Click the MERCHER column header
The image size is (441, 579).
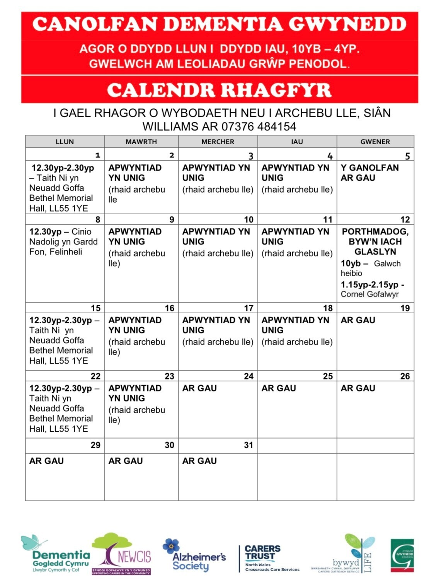coord(218,142)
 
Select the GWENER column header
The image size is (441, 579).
coord(375,142)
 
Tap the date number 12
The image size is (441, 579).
coord(405,220)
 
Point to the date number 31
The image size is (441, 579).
coord(249,445)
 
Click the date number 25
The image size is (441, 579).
coord(328,376)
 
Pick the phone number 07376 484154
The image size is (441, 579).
coord(259,126)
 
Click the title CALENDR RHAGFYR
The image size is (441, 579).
coord(219,90)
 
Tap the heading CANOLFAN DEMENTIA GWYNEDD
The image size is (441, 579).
coord(219,24)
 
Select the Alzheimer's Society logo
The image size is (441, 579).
coord(194,556)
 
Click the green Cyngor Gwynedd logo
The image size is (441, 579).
coord(402,555)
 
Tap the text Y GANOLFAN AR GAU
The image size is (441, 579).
coord(369,173)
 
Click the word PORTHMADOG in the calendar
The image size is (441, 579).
coord(375,231)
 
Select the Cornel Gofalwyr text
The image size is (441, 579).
coord(369,294)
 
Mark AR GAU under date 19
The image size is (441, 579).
coord(358,320)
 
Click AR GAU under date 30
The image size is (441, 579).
coord(126,461)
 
